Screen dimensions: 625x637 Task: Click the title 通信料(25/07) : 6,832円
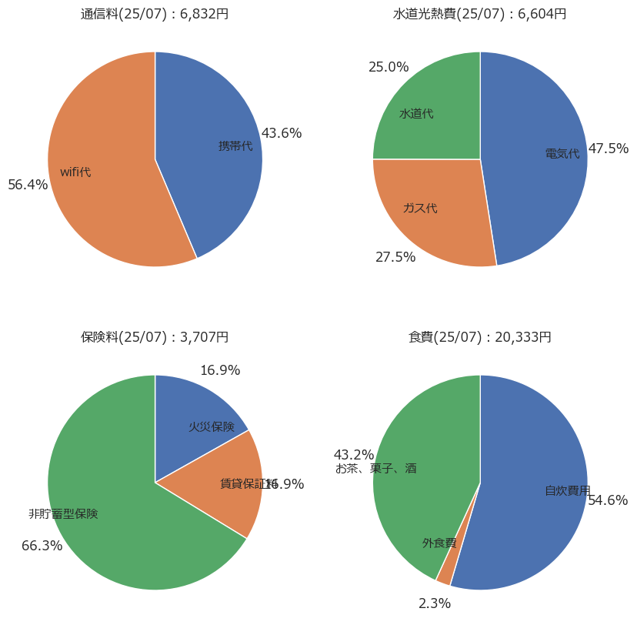point(155,14)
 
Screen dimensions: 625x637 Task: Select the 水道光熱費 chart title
point(479,14)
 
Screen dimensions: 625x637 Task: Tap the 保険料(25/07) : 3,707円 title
point(155,337)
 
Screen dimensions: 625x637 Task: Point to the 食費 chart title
point(479,337)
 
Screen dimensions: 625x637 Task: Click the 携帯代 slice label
point(235,145)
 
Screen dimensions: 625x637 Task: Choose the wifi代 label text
point(75,172)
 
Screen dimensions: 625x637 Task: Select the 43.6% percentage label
point(282,133)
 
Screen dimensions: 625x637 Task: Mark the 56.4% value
point(28,185)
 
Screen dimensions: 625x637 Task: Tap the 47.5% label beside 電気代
point(609,149)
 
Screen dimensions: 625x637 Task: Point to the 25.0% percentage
point(389,67)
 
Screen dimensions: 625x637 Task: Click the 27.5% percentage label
point(395,257)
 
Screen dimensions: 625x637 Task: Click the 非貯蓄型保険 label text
point(63,513)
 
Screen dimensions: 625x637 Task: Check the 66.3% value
point(42,546)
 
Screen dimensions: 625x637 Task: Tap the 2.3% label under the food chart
point(435,603)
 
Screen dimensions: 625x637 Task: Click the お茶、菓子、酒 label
point(376,468)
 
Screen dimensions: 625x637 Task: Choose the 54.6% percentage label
point(608,500)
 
